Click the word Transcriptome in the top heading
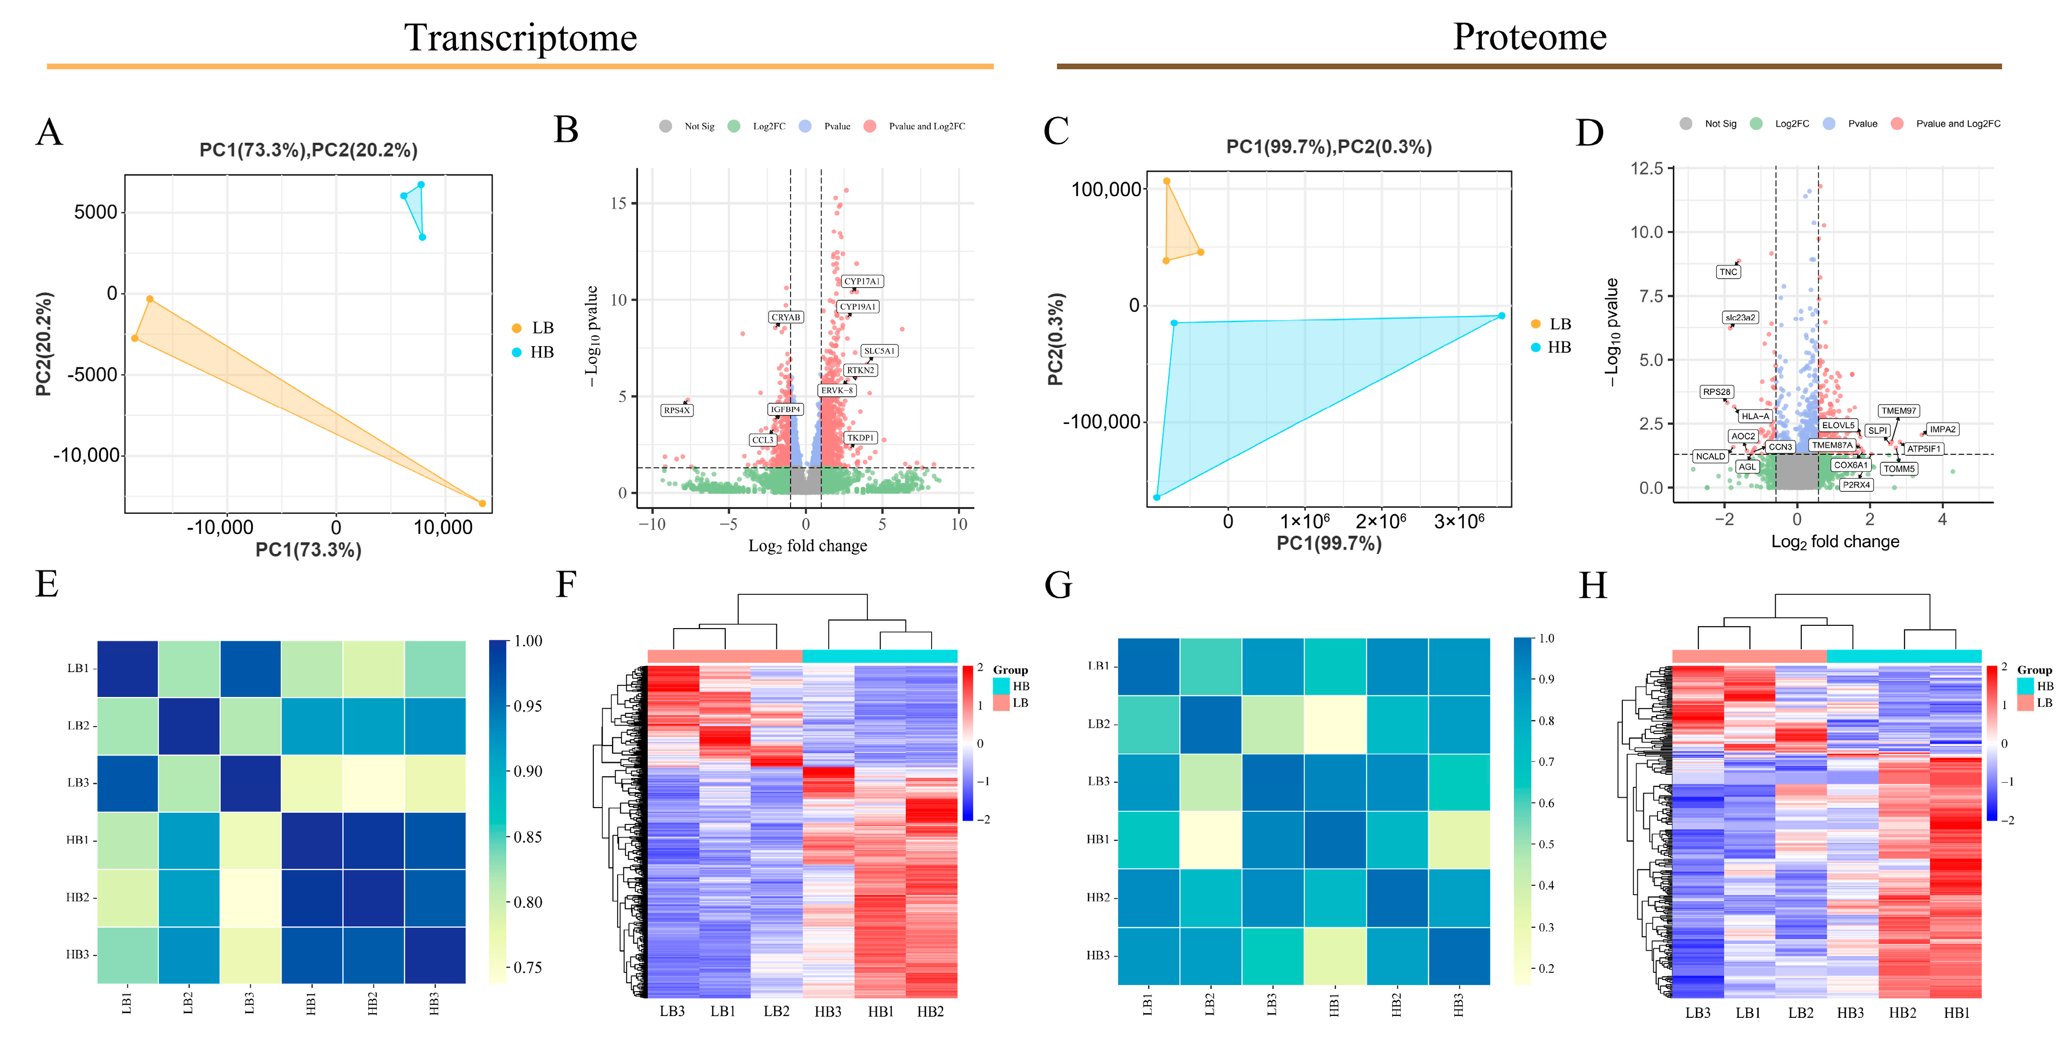tap(520, 38)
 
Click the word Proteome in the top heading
tap(1529, 37)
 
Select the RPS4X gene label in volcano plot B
tap(676, 410)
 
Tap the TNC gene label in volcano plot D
tap(1728, 272)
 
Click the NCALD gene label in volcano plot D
tap(1710, 456)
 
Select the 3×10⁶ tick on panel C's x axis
tap(1459, 522)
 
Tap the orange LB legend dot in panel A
tap(516, 328)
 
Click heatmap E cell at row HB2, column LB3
tap(250, 898)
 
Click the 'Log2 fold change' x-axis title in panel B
tap(807, 546)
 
